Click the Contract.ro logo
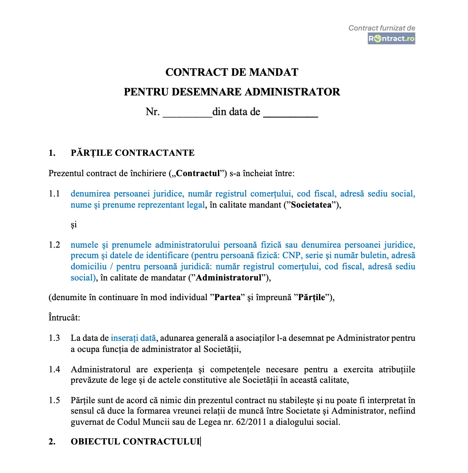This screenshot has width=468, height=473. (391, 39)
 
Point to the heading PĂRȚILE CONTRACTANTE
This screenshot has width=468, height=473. (132, 153)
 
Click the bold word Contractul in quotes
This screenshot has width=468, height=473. (198, 173)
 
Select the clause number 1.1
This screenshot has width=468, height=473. (54, 194)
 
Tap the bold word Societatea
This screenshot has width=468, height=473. (311, 205)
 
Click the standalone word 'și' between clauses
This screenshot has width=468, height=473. (74, 225)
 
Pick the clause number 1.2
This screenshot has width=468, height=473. (54, 245)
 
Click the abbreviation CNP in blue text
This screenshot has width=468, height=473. (291, 256)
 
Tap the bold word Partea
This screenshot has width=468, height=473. (227, 298)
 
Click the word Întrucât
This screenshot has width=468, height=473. (64, 318)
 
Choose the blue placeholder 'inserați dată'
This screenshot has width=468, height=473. (133, 338)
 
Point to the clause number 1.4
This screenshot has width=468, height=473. (54, 370)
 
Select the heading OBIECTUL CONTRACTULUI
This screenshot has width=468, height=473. (135, 442)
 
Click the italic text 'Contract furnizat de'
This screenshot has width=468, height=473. (382, 28)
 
